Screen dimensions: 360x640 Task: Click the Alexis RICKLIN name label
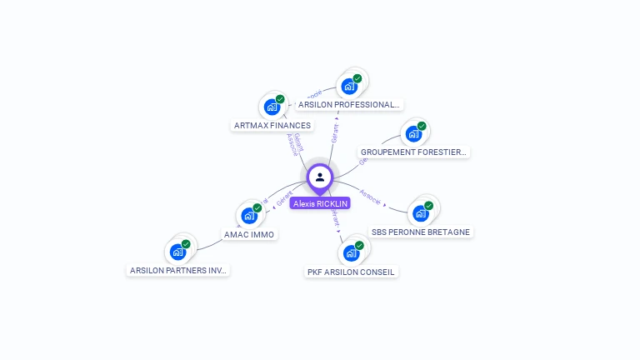pyautogui.click(x=320, y=203)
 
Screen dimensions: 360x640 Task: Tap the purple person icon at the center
pyautogui.click(x=320, y=177)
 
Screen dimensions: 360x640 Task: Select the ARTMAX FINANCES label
pyautogui.click(x=272, y=126)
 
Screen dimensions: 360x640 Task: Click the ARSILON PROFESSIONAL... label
pyautogui.click(x=349, y=105)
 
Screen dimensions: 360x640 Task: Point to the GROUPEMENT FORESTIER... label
pyautogui.click(x=414, y=152)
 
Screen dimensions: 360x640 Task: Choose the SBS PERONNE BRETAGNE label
pyautogui.click(x=421, y=232)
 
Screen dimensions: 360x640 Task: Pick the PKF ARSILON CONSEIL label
pyautogui.click(x=352, y=272)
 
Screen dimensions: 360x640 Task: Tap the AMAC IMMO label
pyautogui.click(x=249, y=235)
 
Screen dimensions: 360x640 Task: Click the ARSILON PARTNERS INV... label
pyautogui.click(x=178, y=270)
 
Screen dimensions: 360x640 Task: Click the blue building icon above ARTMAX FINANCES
pyautogui.click(x=271, y=107)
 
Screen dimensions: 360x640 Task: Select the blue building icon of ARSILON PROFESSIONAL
pyautogui.click(x=347, y=86)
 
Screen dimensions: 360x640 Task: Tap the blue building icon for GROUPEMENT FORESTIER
pyautogui.click(x=412, y=133)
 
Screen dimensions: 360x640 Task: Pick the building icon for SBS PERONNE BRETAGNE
pyautogui.click(x=420, y=213)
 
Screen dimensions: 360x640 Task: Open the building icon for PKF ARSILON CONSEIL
pyautogui.click(x=351, y=252)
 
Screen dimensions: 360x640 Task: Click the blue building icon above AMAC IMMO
pyautogui.click(x=248, y=216)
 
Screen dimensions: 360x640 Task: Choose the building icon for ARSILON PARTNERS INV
pyautogui.click(x=177, y=252)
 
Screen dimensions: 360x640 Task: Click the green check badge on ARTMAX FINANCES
pyautogui.click(x=280, y=99)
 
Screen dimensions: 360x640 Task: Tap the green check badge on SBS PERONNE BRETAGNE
pyautogui.click(x=428, y=206)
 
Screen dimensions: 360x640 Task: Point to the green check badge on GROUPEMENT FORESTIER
pyautogui.click(x=422, y=126)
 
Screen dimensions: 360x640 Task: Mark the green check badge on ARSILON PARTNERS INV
pyautogui.click(x=186, y=244)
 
